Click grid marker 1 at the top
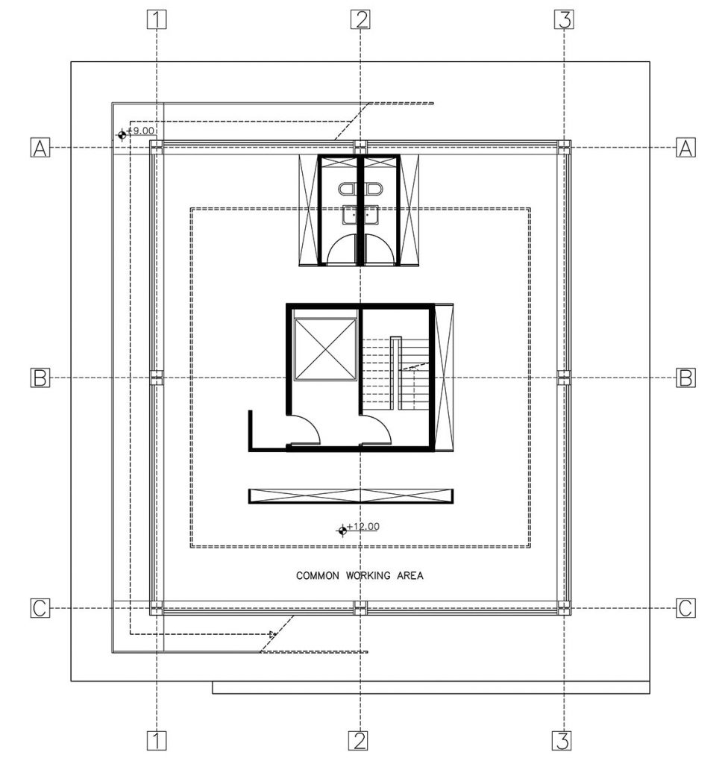pyautogui.click(x=157, y=20)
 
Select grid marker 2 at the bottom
pyautogui.click(x=358, y=741)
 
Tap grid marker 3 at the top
pyautogui.click(x=564, y=20)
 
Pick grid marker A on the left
pyautogui.click(x=40, y=147)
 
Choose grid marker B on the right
pyautogui.click(x=685, y=378)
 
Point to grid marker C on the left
pyautogui.click(x=40, y=608)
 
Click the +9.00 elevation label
pyautogui.click(x=139, y=131)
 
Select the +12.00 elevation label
pyautogui.click(x=363, y=526)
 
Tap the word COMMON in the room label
pyautogui.click(x=317, y=575)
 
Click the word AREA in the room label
pyautogui.click(x=409, y=575)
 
